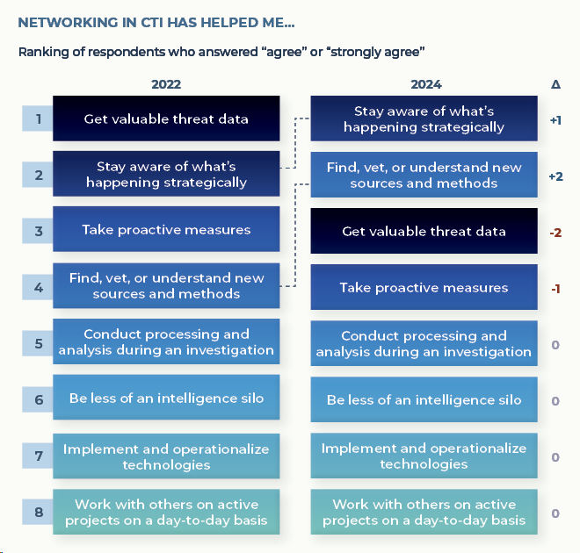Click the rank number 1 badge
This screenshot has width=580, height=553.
tap(38, 118)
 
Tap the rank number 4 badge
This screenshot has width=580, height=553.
tap(38, 287)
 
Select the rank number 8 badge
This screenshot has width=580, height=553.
tap(38, 512)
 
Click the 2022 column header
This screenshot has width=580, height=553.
tap(166, 84)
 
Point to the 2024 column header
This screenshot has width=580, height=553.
tap(426, 84)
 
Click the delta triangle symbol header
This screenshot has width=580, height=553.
tap(555, 84)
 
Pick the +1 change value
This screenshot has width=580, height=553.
tap(555, 120)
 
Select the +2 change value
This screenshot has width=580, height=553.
tap(556, 176)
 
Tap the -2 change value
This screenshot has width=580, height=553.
tap(555, 233)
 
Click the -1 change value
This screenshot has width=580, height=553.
tap(555, 289)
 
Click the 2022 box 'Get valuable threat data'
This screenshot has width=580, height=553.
tap(166, 118)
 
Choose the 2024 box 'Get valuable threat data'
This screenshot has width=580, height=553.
tap(424, 231)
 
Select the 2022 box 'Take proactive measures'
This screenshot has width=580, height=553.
tap(166, 229)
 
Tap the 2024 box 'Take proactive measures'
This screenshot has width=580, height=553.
tap(424, 287)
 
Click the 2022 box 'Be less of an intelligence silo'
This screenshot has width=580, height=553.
tap(166, 398)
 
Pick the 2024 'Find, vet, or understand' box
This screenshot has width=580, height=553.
tap(424, 175)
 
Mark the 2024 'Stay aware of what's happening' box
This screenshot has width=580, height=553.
tap(424, 118)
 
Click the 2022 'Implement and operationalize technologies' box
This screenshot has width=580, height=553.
tap(166, 456)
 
